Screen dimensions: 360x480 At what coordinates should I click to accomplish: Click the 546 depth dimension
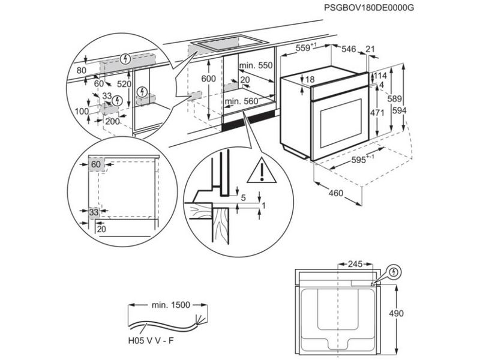tap(349, 49)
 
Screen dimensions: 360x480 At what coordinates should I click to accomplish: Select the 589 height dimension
tap(394, 98)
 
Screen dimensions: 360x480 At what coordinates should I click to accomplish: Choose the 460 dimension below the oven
tap(337, 193)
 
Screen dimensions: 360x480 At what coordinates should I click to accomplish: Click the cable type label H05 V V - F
tap(152, 341)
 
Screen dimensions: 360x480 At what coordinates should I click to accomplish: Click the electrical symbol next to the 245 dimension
tap(394, 271)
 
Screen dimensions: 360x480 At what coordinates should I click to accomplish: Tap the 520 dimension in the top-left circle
tap(124, 85)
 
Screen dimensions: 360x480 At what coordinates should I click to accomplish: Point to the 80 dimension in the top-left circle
tap(82, 71)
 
